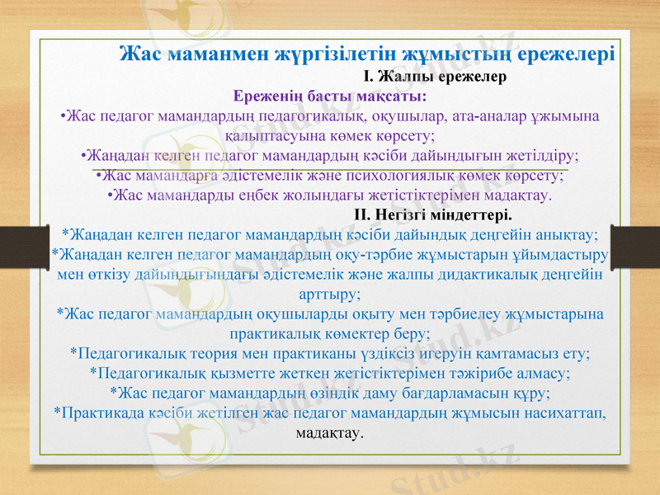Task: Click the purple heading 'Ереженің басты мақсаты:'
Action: click(330, 95)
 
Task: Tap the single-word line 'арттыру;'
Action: click(329, 295)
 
